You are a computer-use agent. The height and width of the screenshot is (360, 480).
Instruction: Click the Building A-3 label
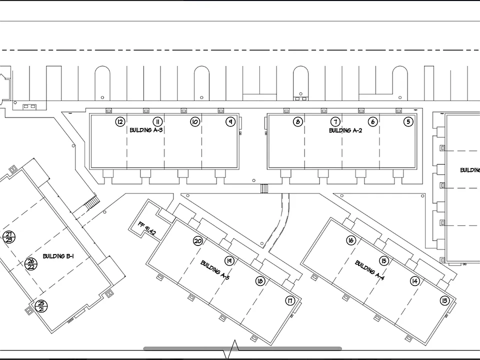pyautogui.click(x=146, y=130)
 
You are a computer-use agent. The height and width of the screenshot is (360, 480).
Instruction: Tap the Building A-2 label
pyautogui.click(x=345, y=130)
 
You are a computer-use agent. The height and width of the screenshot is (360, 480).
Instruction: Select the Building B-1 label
pyautogui.click(x=58, y=256)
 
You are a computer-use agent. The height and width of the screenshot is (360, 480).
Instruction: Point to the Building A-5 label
pyautogui.click(x=214, y=270)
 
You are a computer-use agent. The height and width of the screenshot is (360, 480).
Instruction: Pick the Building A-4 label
pyautogui.click(x=369, y=270)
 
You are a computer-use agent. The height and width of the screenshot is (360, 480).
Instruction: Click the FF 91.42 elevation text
pyautogui.click(x=146, y=228)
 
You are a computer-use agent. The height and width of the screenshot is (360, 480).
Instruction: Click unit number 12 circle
pyautogui.click(x=120, y=122)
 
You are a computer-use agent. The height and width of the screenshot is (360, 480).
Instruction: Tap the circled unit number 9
pyautogui.click(x=230, y=122)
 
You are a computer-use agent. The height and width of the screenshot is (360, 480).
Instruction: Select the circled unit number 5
pyautogui.click(x=408, y=122)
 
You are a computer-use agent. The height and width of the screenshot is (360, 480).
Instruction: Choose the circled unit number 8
pyautogui.click(x=298, y=122)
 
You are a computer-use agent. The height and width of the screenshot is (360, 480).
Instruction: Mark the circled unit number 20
pyautogui.click(x=198, y=241)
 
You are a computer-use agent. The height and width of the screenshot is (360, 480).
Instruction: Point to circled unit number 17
pyautogui.click(x=290, y=300)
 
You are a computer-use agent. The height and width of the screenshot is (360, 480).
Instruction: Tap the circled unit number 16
pyautogui.click(x=351, y=240)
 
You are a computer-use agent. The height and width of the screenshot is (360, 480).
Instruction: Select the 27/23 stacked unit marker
pyautogui.click(x=9, y=237)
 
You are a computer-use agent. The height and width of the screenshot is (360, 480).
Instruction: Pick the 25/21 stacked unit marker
pyautogui.click(x=41, y=306)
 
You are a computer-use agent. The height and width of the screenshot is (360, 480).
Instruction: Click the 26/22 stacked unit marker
pyautogui.click(x=31, y=264)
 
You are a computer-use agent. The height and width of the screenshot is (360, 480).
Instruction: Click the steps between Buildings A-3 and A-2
pyautogui.click(x=264, y=188)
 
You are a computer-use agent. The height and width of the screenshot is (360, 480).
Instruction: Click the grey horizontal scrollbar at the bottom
pyautogui.click(x=242, y=348)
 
